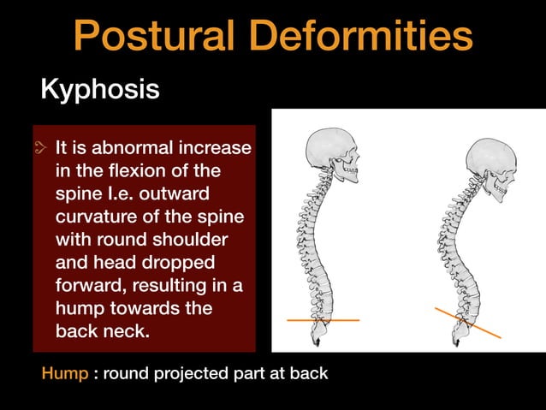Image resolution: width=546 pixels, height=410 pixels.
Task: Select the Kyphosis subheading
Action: (100, 89)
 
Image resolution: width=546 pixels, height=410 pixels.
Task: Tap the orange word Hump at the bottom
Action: (64, 374)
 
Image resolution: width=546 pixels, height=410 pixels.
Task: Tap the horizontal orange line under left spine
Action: (323, 319)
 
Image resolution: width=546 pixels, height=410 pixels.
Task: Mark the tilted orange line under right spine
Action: (467, 323)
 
